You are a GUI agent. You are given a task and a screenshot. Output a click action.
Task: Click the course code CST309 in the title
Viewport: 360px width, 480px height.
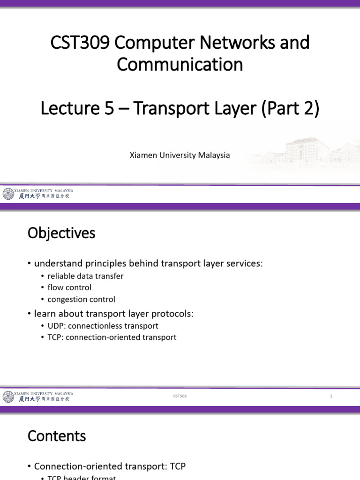[x=80, y=43]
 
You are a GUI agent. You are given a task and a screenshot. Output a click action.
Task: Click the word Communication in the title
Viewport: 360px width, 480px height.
[x=180, y=64]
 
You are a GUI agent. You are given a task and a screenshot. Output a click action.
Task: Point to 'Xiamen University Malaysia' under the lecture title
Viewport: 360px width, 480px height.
[x=180, y=155]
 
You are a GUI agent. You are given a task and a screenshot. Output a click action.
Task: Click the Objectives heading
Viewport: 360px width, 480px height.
[x=61, y=233]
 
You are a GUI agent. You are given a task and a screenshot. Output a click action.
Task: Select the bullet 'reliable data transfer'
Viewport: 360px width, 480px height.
[x=85, y=276]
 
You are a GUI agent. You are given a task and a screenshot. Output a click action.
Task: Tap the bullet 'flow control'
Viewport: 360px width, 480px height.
[x=69, y=287]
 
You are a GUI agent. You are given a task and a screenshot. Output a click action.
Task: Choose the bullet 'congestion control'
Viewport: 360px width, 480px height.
[x=81, y=299]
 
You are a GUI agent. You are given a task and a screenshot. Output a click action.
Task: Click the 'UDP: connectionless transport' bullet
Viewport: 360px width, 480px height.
[x=103, y=326]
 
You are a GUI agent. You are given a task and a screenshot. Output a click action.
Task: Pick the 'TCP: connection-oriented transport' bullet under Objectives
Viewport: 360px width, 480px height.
[x=112, y=337]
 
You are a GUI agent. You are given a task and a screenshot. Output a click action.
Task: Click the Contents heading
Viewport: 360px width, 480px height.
[x=57, y=436]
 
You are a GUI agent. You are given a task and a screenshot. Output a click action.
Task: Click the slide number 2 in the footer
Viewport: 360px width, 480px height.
[x=331, y=396]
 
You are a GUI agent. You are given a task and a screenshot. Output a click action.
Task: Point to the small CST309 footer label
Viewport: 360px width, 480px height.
[x=180, y=396]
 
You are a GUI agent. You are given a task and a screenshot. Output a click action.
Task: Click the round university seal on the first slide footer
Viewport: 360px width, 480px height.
[x=8, y=194]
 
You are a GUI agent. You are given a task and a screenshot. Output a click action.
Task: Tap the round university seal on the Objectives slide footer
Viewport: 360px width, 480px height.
[x=8, y=397]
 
